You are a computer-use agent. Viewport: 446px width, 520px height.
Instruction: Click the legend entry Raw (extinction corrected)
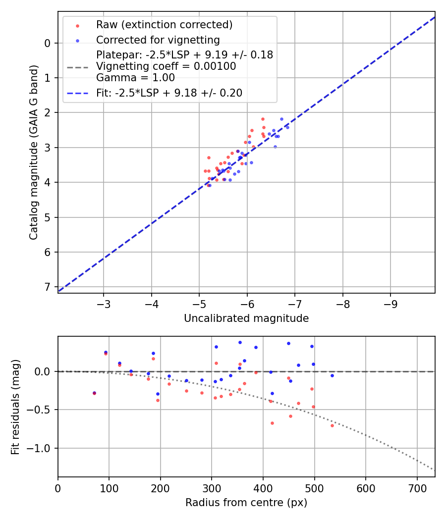click(164, 25)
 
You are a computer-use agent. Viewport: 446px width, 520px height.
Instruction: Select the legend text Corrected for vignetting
click(158, 40)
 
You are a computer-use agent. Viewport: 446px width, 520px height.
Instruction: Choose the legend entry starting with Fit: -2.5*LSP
click(169, 93)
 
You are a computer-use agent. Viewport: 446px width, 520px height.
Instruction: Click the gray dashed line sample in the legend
click(77, 66)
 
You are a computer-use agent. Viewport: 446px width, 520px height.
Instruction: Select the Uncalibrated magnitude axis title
click(246, 318)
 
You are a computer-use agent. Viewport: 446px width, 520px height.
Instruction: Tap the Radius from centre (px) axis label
click(246, 503)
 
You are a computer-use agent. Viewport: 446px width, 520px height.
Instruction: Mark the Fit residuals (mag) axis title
click(15, 407)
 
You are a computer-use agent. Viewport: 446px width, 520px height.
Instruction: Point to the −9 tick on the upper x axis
click(390, 303)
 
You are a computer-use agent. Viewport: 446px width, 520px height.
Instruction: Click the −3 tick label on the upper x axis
click(104, 303)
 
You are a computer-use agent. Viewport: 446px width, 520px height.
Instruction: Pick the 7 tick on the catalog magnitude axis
click(48, 287)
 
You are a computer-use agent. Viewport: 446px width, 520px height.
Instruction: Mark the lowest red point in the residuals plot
click(332, 425)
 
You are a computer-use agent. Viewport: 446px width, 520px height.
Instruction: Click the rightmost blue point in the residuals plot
click(332, 375)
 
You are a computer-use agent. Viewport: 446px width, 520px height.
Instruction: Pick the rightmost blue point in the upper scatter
click(287, 127)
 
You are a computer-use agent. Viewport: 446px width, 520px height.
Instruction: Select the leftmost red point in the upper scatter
click(205, 171)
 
